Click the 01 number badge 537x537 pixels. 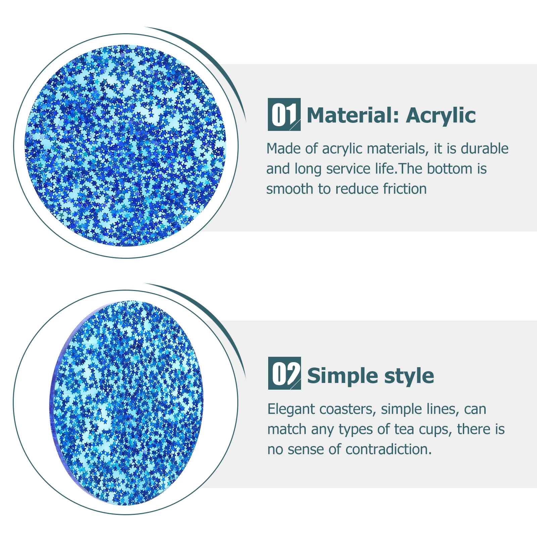[x=284, y=114]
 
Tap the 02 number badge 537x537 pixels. [x=284, y=373]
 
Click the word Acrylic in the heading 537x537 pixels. [x=441, y=116]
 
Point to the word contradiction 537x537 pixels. [x=388, y=449]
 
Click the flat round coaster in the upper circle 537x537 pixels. [x=126, y=146]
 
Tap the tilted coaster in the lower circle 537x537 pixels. [x=128, y=403]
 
